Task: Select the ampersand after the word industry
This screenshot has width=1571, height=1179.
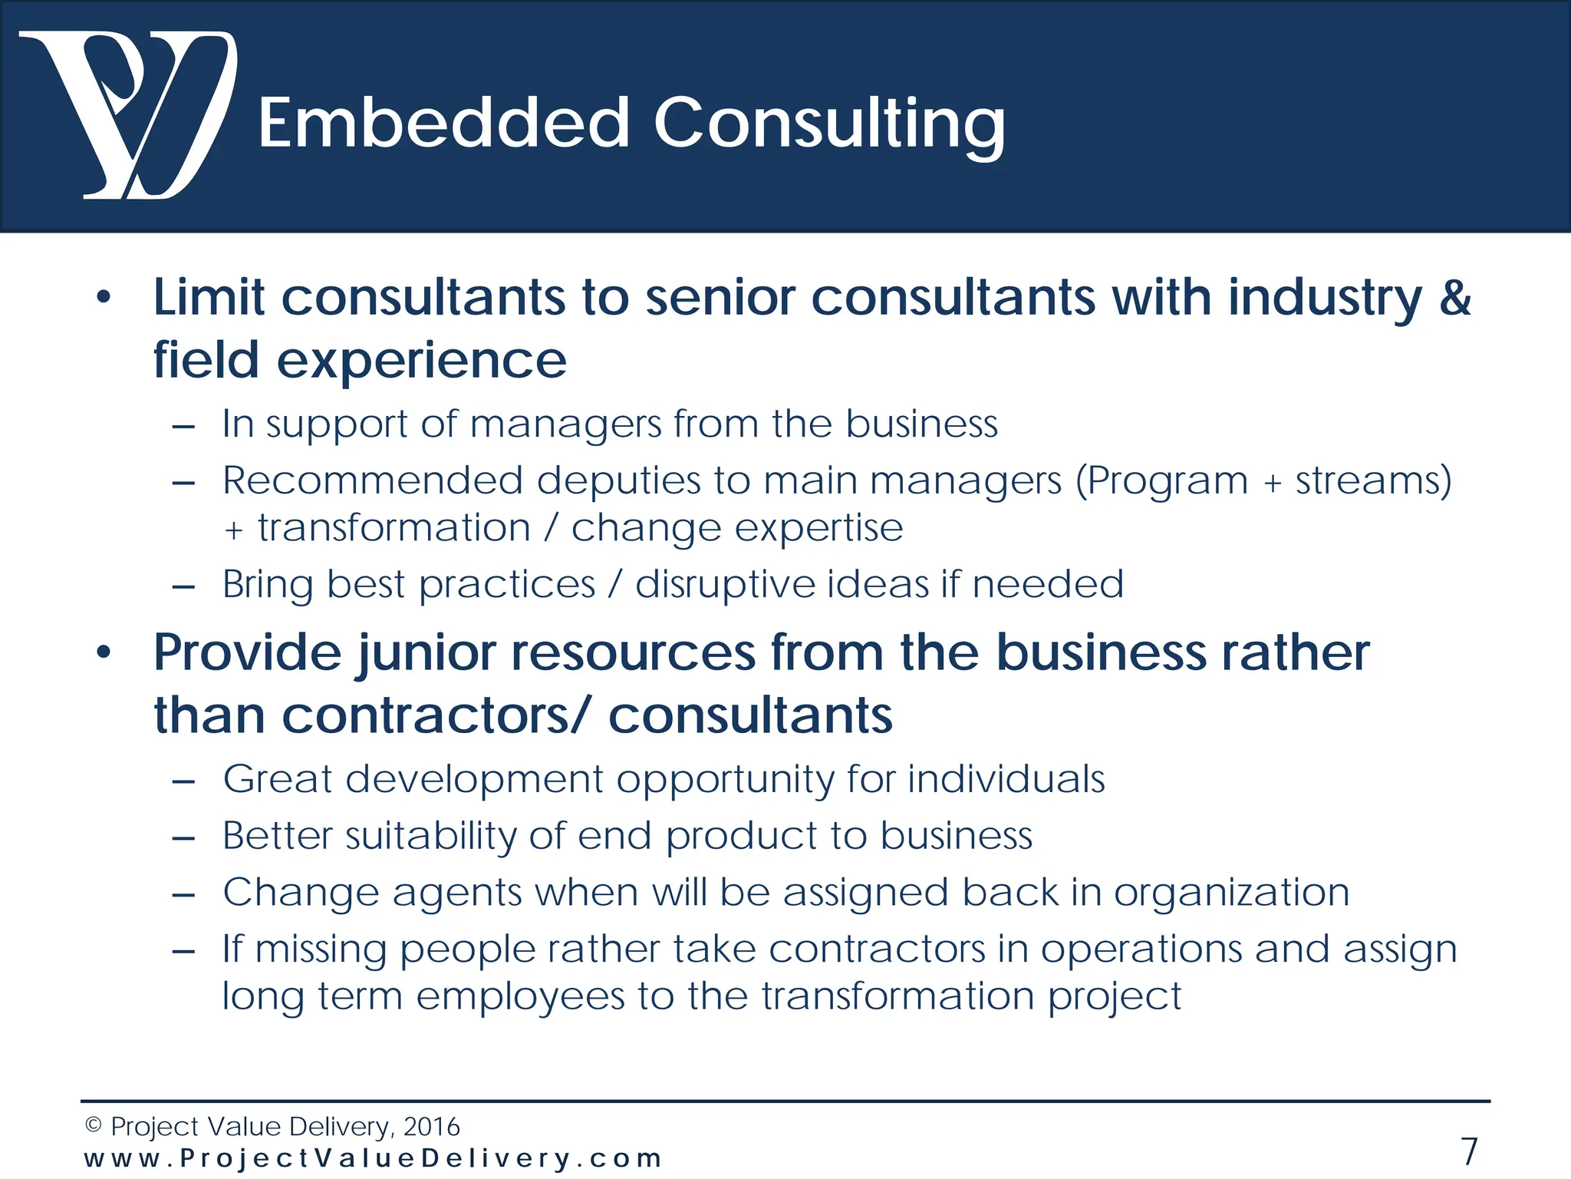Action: [1454, 297]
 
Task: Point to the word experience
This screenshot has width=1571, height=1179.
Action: [421, 361]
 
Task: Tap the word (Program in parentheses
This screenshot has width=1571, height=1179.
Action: [1161, 481]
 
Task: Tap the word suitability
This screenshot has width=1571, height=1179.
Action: [430, 836]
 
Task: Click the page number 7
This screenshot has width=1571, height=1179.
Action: [1469, 1151]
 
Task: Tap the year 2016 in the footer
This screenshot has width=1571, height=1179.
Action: [431, 1127]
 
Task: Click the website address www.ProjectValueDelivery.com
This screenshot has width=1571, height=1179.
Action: [373, 1158]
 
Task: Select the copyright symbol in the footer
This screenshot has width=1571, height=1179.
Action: [94, 1126]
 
